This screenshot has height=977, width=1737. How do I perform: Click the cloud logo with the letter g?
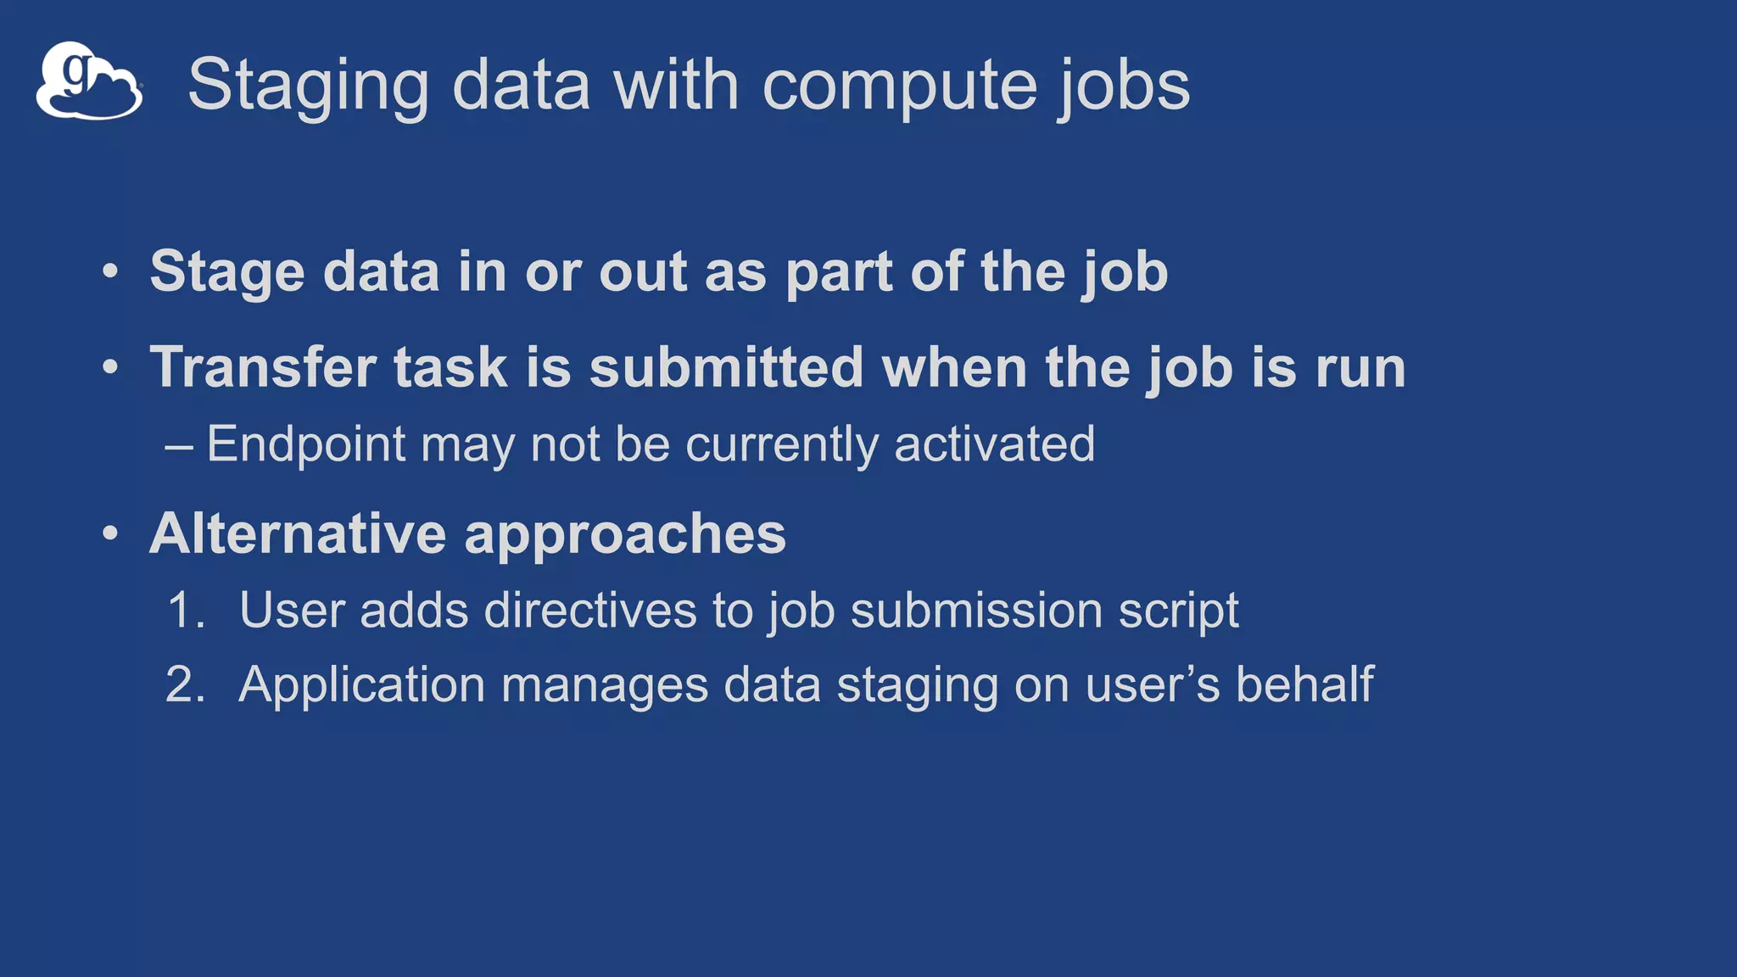pyautogui.click(x=89, y=81)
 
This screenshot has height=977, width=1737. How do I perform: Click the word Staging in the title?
pyautogui.click(x=308, y=87)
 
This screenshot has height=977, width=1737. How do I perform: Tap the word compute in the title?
pyautogui.click(x=899, y=87)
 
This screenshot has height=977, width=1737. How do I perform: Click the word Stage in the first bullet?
pyautogui.click(x=227, y=273)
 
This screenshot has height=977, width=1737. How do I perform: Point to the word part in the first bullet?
pyautogui.click(x=838, y=273)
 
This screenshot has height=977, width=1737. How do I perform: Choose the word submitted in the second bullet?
pyautogui.click(x=726, y=368)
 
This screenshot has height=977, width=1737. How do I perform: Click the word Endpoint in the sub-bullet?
pyautogui.click(x=306, y=444)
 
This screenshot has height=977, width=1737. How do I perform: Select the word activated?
pyautogui.click(x=994, y=444)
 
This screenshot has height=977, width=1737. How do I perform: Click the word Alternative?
pyautogui.click(x=298, y=534)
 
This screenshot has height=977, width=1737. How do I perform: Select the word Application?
pyautogui.click(x=361, y=685)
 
